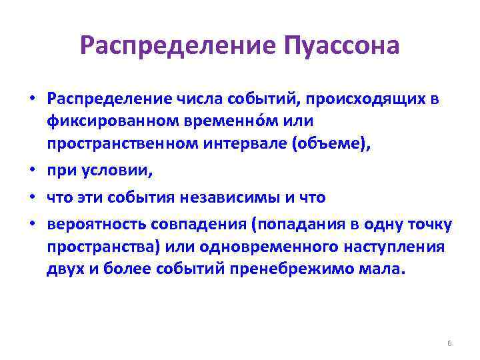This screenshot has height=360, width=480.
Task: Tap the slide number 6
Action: [449, 343]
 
